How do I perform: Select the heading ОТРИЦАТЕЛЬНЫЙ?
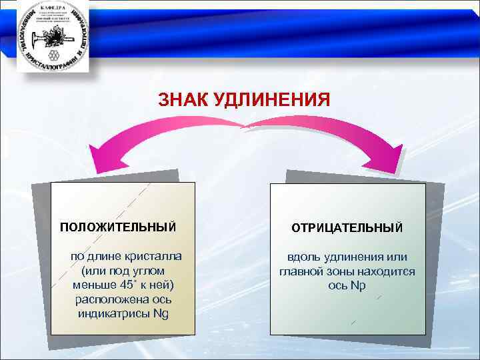click(347, 228)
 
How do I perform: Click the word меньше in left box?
click(89, 285)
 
